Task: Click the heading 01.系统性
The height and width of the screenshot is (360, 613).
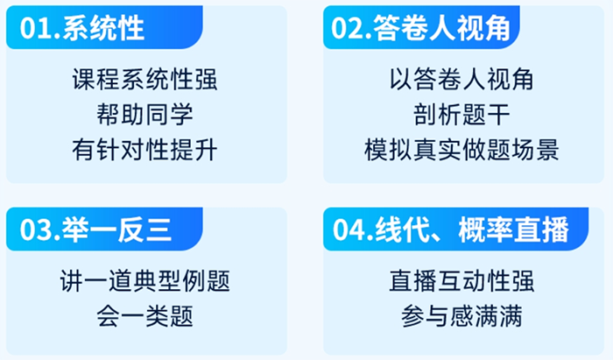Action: pos(82,28)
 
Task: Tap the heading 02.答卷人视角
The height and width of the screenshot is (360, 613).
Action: pos(420,28)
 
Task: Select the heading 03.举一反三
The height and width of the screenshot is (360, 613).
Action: pos(96,229)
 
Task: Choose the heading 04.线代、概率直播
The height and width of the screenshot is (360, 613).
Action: pos(451,229)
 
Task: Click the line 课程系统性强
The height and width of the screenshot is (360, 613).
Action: pos(144,80)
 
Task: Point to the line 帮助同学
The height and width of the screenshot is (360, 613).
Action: pos(144,115)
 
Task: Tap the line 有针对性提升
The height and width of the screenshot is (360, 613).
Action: pos(144,150)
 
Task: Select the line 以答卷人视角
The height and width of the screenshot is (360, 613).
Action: pos(462,80)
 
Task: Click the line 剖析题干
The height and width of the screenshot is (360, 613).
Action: pos(462,115)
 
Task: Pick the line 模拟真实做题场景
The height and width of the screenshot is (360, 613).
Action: pos(462,150)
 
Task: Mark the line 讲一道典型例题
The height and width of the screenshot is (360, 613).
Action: pos(144,281)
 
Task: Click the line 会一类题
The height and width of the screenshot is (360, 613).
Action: pos(144,316)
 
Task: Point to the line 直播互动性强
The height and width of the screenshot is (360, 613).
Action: pos(462,281)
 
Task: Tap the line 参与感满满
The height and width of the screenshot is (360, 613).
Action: pos(462,316)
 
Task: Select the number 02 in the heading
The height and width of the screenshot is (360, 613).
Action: pos(347,29)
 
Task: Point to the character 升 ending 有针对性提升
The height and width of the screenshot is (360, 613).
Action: pos(206,150)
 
